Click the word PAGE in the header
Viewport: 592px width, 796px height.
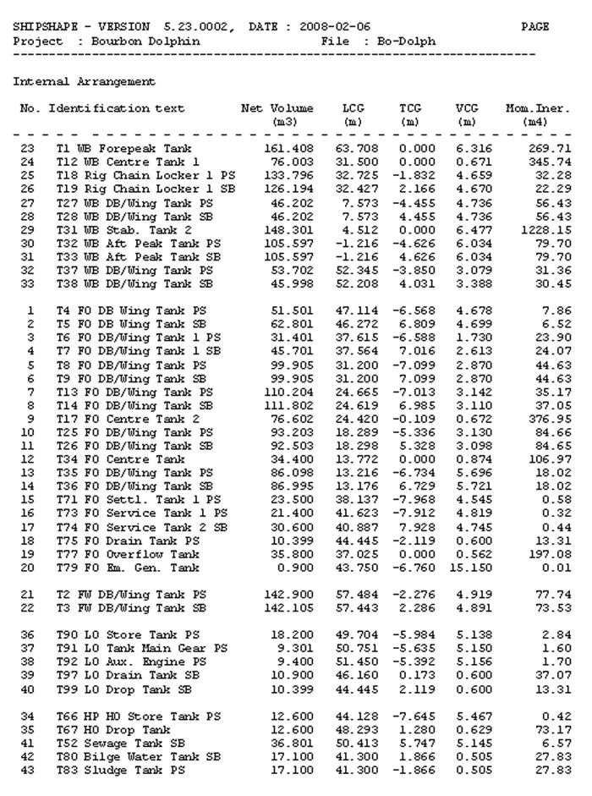(x=535, y=27)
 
